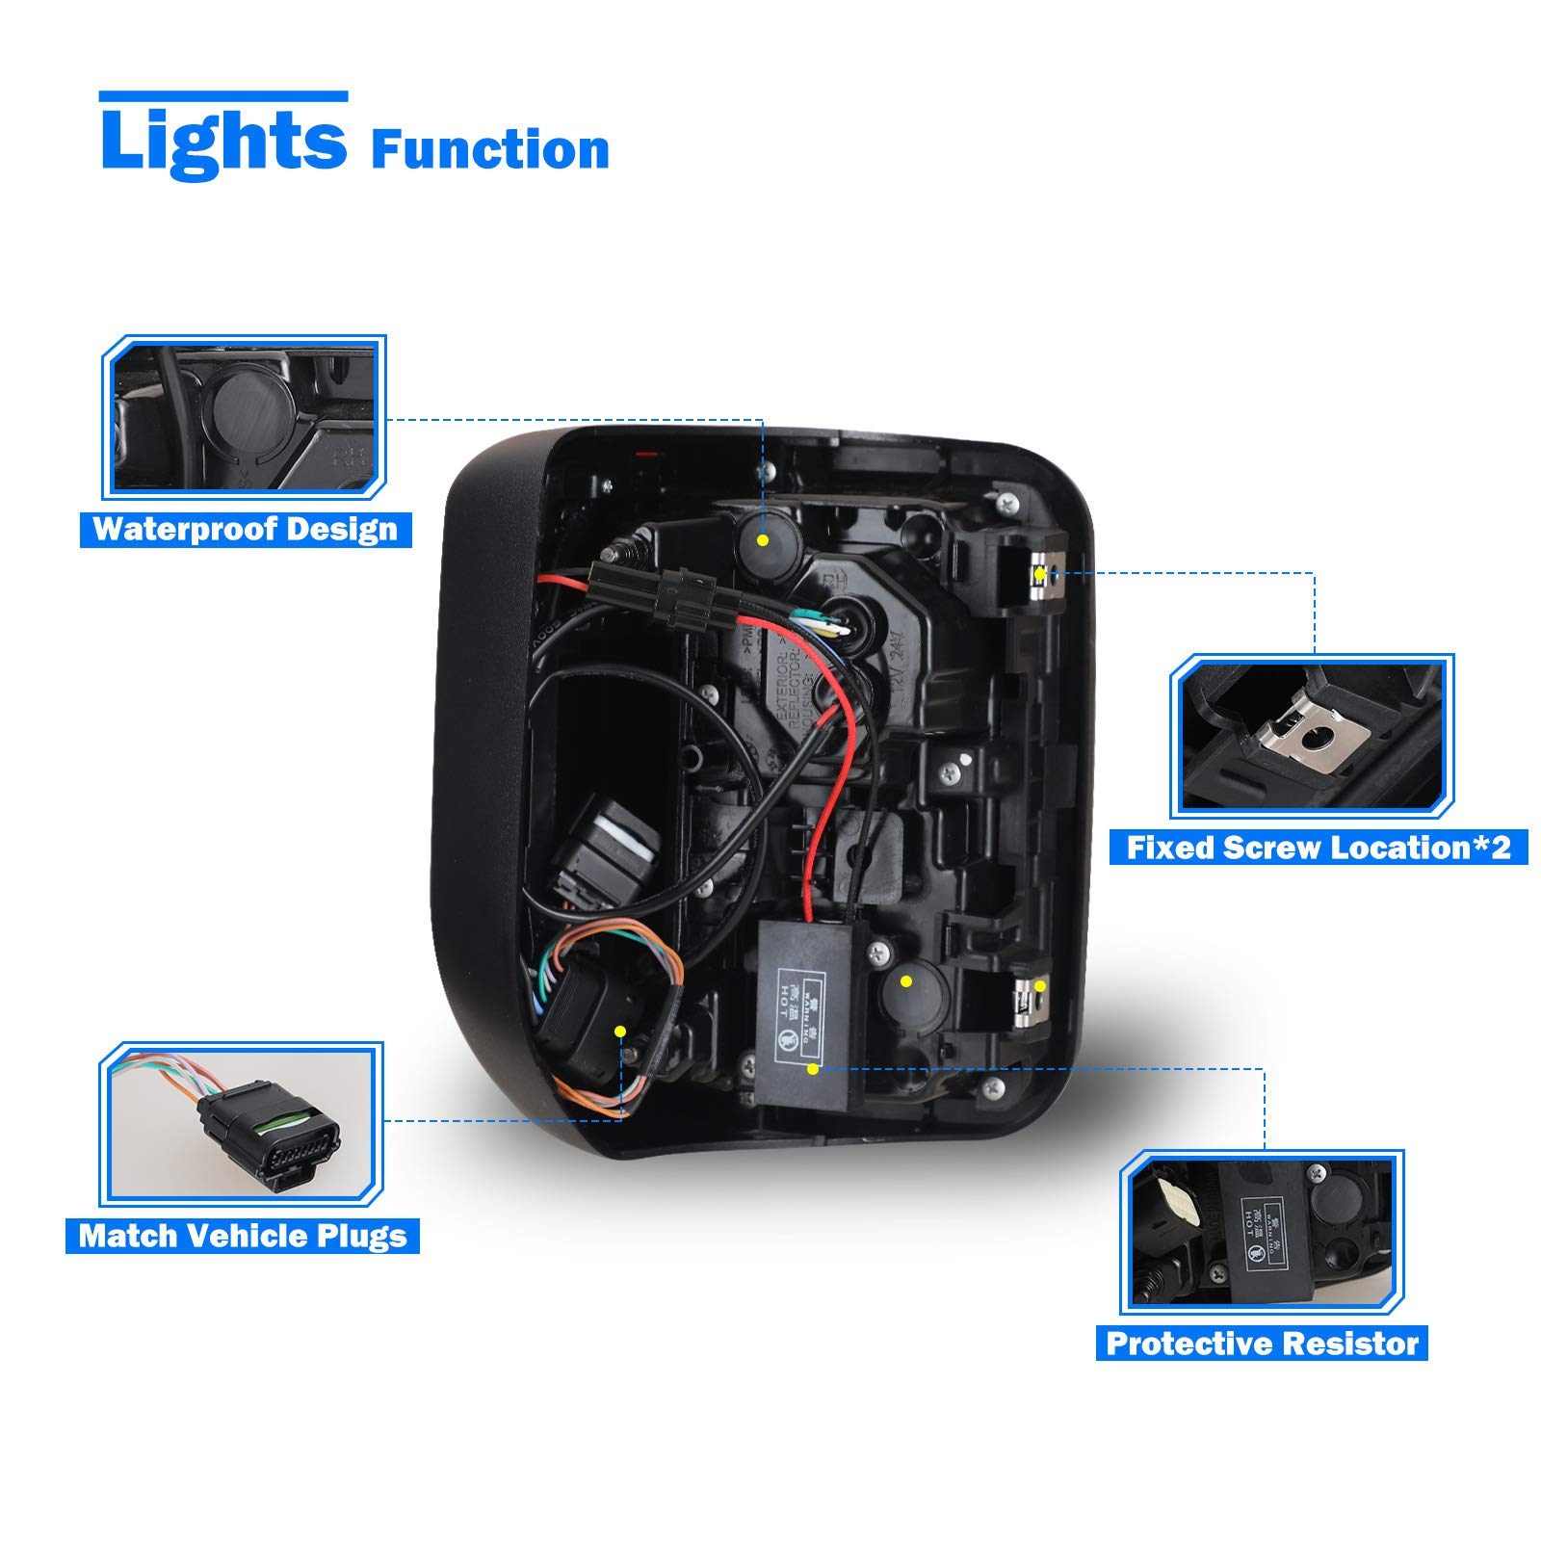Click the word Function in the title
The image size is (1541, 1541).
click(489, 150)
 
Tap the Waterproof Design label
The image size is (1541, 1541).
click(246, 530)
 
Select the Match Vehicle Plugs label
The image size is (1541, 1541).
click(243, 1236)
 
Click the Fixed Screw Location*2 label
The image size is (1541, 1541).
click(1319, 848)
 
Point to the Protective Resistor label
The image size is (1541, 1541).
click(1262, 1344)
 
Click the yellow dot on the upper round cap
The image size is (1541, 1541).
click(763, 540)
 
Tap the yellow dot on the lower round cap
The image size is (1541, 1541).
click(906, 981)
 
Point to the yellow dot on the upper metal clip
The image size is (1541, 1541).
click(1040, 574)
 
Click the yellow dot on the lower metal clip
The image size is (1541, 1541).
click(1040, 986)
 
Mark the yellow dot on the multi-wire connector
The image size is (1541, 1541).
click(620, 1032)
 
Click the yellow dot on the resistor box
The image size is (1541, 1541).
click(813, 1069)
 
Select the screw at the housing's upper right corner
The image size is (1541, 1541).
click(1007, 502)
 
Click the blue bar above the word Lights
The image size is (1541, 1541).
click(222, 96)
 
